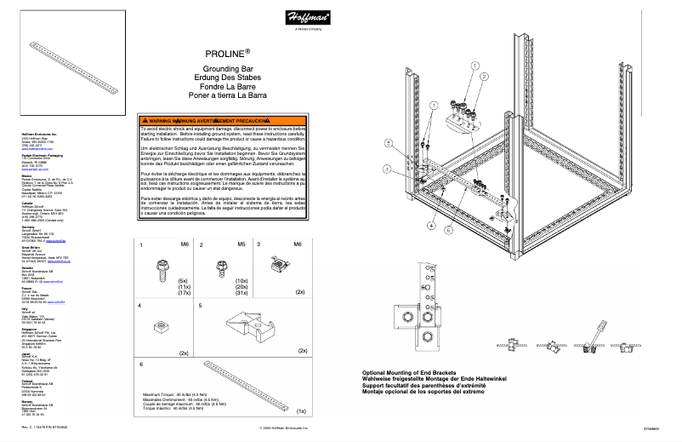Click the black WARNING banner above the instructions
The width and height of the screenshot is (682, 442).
[222, 122]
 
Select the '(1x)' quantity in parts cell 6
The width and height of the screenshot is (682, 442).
[301, 410]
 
